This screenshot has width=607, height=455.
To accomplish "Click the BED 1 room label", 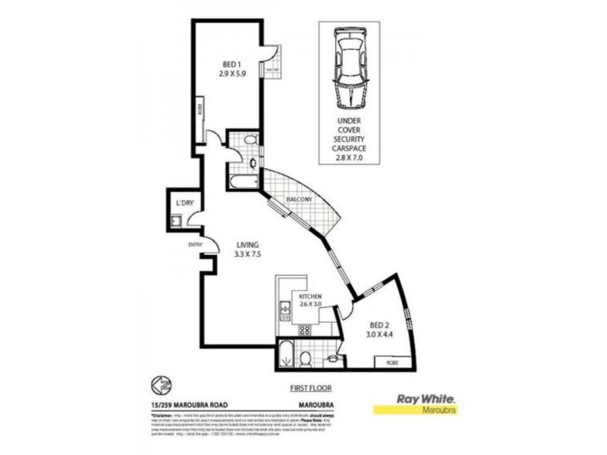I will (232, 64).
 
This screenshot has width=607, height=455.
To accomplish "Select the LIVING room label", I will (247, 245).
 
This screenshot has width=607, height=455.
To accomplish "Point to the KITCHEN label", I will (312, 297).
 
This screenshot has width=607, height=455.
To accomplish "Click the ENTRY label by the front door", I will (195, 244).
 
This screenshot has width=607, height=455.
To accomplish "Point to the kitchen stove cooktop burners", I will (306, 330).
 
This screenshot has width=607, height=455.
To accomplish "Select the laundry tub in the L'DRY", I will (175, 221).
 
